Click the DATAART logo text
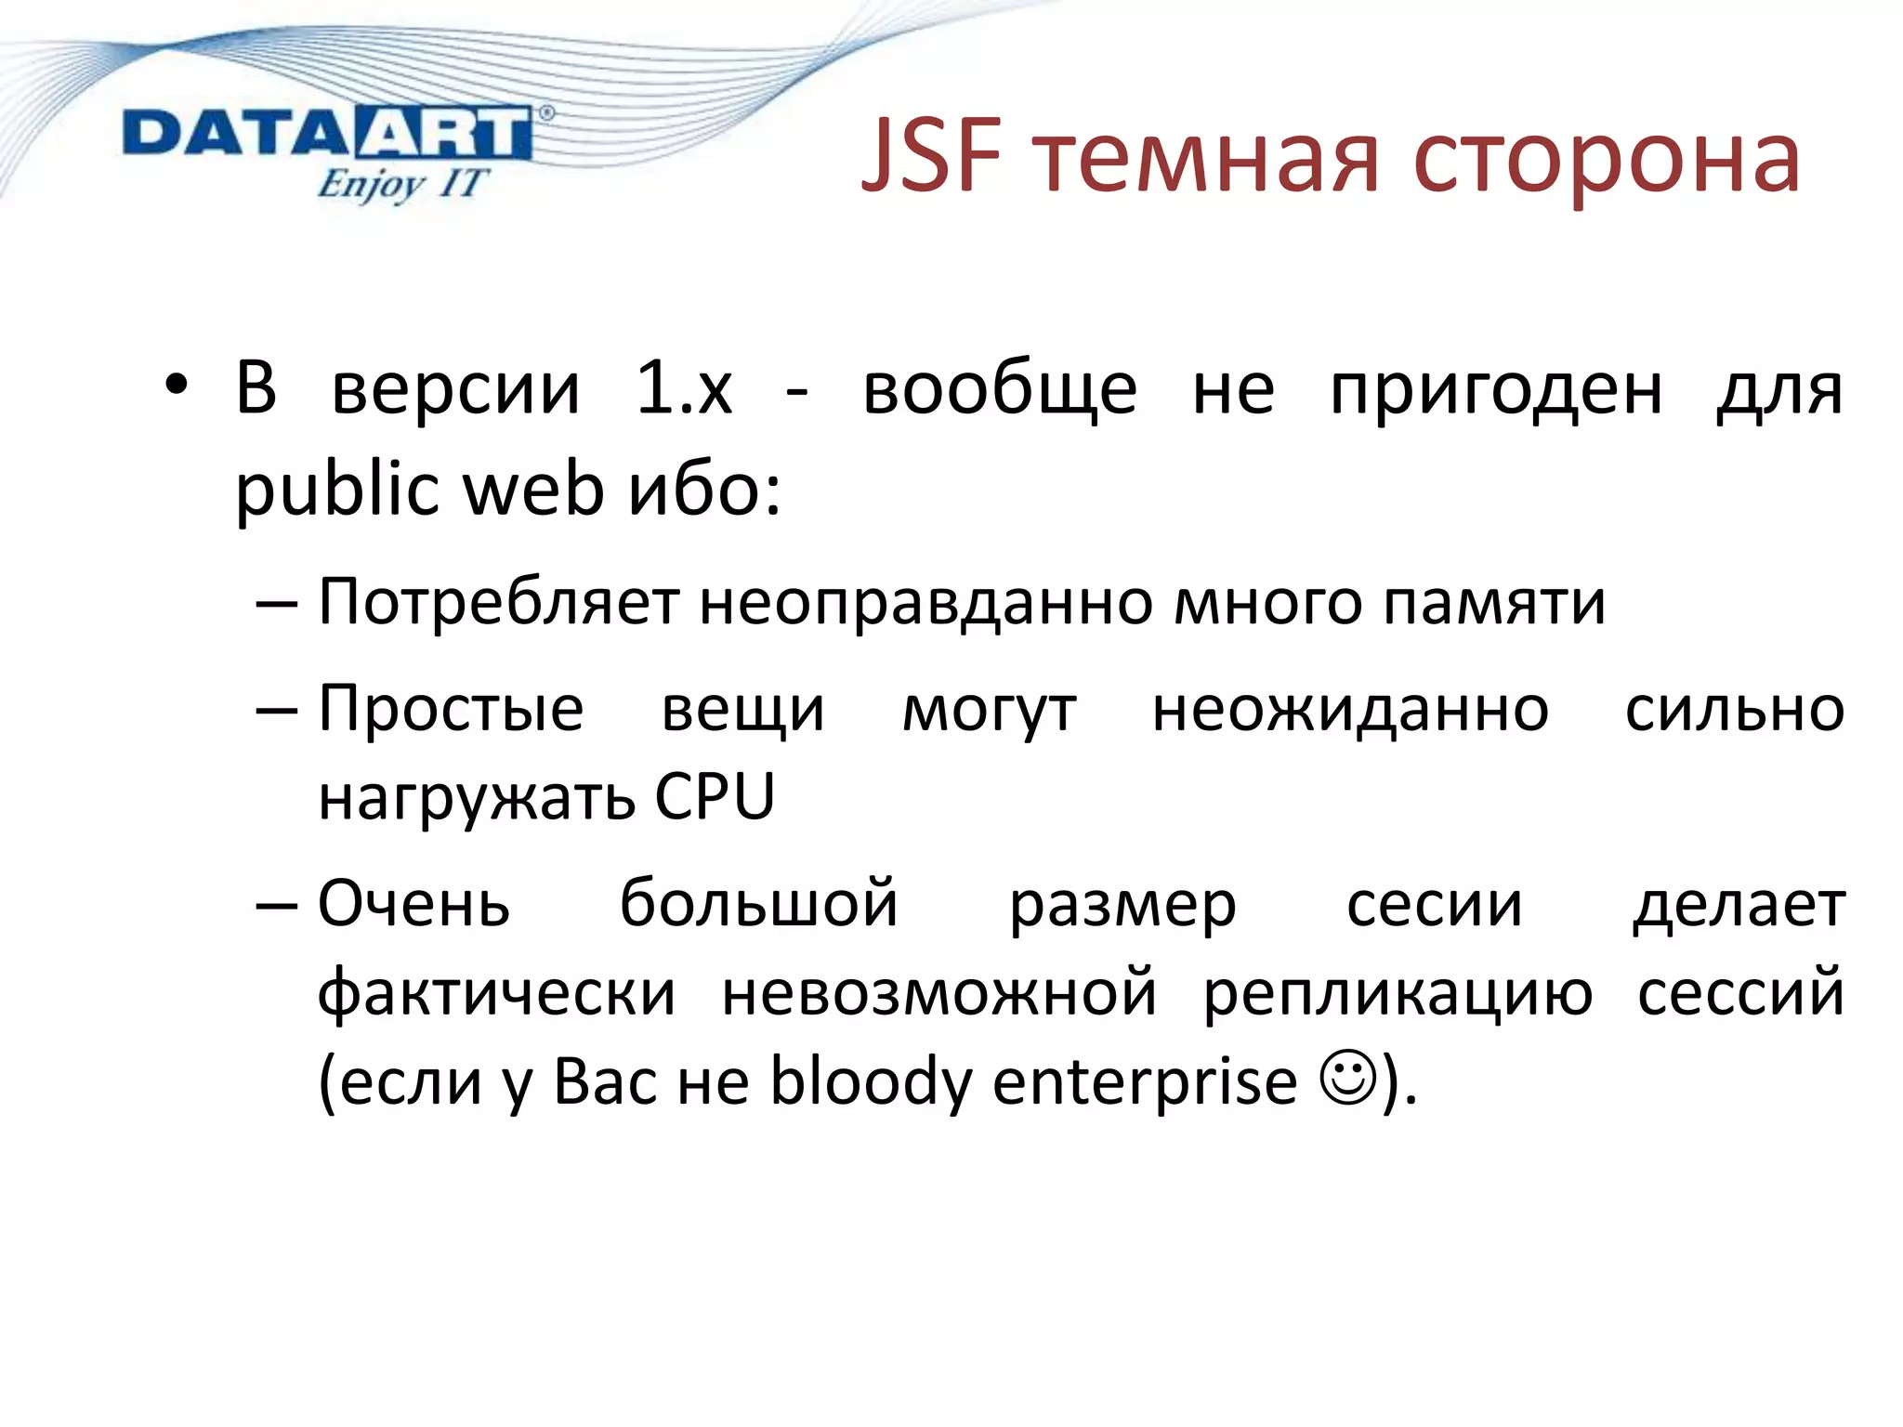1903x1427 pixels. pos(327,133)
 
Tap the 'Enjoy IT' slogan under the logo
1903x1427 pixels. pos(401,184)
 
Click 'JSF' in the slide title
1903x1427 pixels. pos(932,158)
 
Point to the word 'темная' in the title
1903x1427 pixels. pos(1208,160)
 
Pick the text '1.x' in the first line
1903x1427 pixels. pos(684,388)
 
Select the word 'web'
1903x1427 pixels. pos(533,489)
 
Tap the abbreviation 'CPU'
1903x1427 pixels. pos(714,797)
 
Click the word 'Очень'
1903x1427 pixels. pos(413,903)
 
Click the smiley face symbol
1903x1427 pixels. pos(1347,1078)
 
